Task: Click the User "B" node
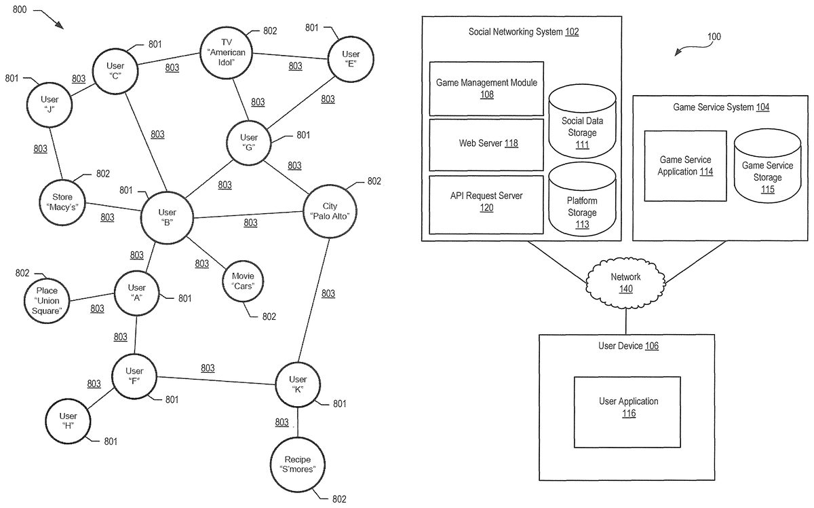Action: [x=167, y=217]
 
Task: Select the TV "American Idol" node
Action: [x=226, y=52]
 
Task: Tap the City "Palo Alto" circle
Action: [x=330, y=211]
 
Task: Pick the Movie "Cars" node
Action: [x=243, y=281]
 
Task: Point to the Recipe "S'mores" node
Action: [x=298, y=465]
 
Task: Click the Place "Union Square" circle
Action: [x=47, y=301]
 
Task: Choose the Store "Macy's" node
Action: [x=62, y=202]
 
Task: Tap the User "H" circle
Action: [x=68, y=421]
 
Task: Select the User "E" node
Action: [x=351, y=59]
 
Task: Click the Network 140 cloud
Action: [x=625, y=283]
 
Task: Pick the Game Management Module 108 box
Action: [x=486, y=88]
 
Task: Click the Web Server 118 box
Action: [x=486, y=145]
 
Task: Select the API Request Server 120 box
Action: [x=486, y=205]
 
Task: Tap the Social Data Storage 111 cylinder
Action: [x=582, y=122]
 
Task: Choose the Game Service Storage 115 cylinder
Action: [x=767, y=166]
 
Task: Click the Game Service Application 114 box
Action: [x=685, y=166]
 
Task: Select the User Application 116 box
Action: [x=627, y=412]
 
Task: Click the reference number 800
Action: [x=19, y=10]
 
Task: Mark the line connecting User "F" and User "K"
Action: [x=216, y=380]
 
